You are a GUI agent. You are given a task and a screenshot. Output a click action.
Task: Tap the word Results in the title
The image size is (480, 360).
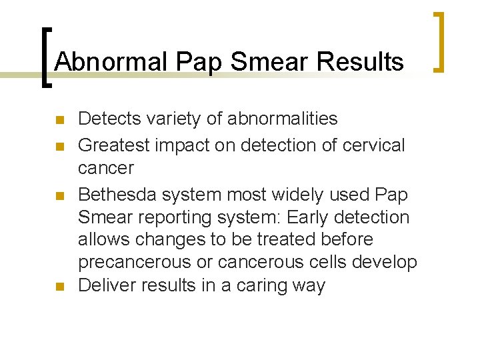click(x=361, y=62)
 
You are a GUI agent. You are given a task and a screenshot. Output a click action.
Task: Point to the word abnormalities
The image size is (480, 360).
click(x=283, y=119)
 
